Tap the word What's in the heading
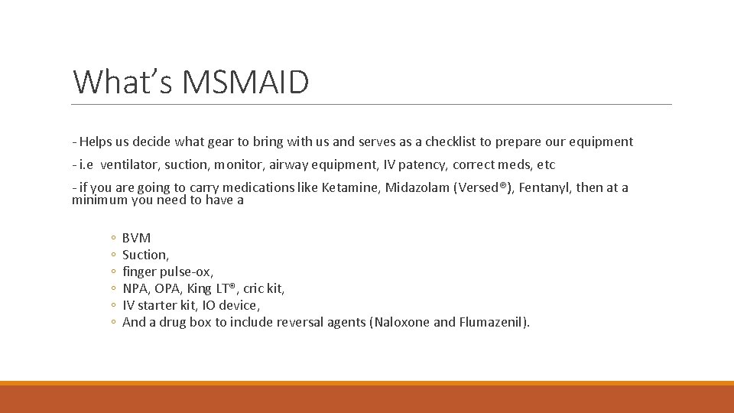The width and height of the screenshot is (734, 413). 115,83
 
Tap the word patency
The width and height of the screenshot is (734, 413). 421,164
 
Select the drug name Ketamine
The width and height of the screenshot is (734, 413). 348,187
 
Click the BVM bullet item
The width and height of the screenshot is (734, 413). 136,238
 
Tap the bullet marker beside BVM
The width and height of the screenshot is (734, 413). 112,239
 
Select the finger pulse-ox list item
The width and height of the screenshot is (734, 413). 167,272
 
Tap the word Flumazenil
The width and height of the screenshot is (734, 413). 492,322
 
